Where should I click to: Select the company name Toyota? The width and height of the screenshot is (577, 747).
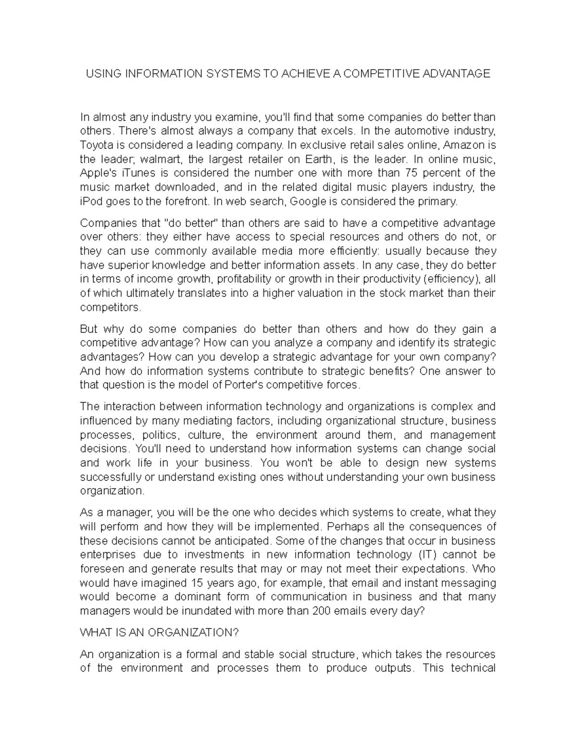point(95,145)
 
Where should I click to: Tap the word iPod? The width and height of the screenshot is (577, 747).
point(91,201)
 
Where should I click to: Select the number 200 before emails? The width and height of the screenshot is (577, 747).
point(321,611)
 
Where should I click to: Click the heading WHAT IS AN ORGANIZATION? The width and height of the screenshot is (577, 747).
point(159,633)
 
